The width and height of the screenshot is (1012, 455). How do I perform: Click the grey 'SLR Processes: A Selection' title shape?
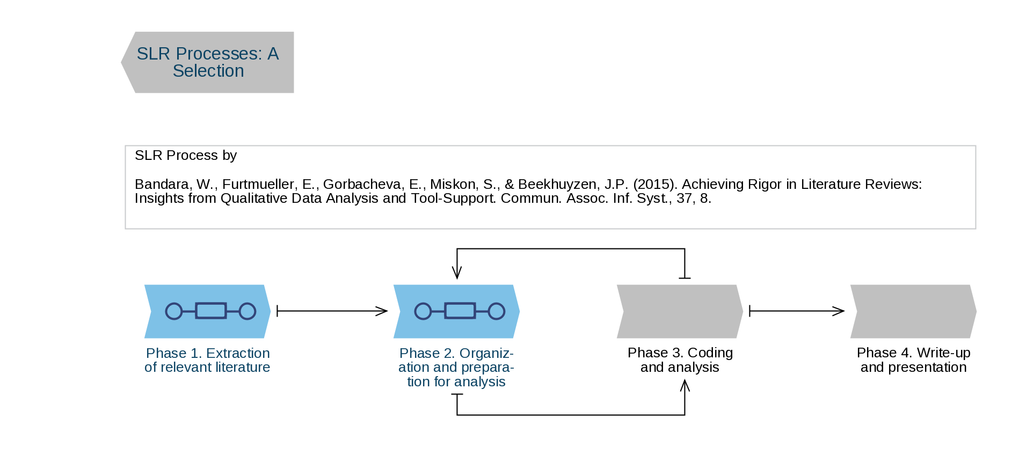[208, 62]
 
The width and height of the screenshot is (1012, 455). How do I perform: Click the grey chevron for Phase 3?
[680, 311]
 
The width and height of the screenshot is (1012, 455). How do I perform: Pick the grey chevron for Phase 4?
[913, 311]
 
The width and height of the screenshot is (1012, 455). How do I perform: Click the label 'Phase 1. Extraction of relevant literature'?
[207, 360]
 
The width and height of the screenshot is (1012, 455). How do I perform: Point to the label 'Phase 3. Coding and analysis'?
[680, 360]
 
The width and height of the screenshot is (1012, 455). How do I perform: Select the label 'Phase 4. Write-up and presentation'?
[913, 360]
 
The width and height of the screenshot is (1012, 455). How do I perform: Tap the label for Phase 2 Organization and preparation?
[456, 368]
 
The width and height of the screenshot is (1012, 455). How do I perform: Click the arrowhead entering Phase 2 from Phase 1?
[382, 311]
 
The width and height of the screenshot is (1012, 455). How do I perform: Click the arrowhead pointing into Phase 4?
[839, 311]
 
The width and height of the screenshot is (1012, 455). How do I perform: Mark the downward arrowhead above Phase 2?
[457, 273]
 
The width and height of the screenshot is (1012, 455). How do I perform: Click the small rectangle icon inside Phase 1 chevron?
[211, 311]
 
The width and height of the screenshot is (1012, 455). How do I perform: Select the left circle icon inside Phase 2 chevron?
[423, 311]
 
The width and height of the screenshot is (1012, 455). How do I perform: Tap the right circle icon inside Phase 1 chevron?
[247, 311]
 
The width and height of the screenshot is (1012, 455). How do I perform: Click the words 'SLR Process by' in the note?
[185, 156]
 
